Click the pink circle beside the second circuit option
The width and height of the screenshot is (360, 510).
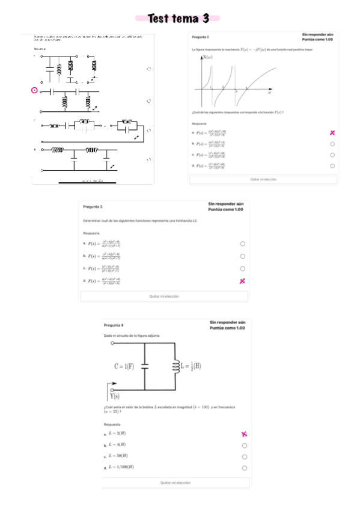(34, 91)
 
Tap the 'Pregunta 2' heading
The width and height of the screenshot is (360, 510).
(201, 37)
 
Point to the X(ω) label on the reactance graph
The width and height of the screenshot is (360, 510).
(207, 57)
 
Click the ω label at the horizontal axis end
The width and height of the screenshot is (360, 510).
(269, 94)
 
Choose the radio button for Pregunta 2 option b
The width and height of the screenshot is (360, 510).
(332, 144)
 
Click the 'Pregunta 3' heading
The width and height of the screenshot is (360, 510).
(93, 206)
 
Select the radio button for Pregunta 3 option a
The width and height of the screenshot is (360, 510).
(242, 244)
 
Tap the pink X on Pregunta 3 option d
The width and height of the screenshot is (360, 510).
(242, 281)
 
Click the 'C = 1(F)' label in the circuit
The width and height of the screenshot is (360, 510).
(124, 366)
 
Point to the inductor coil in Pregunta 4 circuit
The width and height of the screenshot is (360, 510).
(175, 366)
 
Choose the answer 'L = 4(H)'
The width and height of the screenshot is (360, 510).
(117, 444)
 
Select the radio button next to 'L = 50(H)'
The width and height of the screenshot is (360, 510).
(244, 456)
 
